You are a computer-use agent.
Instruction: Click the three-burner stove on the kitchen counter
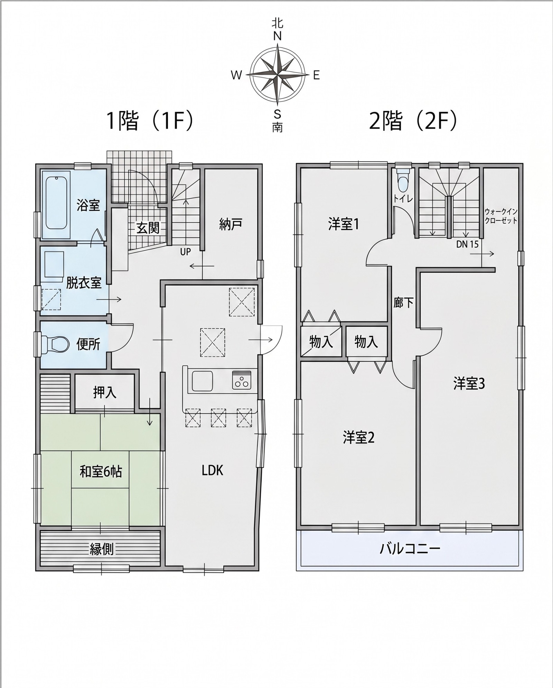[242, 380]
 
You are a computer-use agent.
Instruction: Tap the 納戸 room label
[231, 225]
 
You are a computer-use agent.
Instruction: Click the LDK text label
[213, 470]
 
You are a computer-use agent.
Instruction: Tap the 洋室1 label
[343, 225]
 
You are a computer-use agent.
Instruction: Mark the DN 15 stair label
[467, 244]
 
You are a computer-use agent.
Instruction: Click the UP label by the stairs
[186, 252]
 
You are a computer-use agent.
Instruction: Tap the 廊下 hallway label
[404, 303]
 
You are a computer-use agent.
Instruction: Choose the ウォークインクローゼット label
[501, 216]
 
